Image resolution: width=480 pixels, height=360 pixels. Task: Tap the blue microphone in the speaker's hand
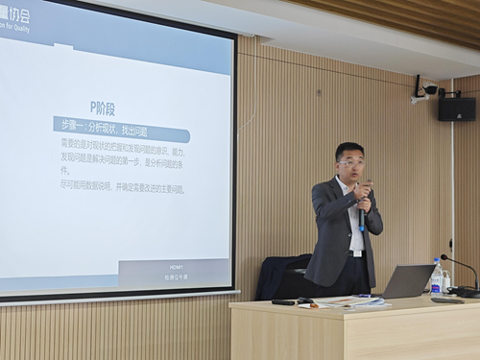coord(361,215)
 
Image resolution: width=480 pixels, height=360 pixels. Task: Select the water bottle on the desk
coord(437,276)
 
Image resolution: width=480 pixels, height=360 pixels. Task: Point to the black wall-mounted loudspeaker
coord(456,108)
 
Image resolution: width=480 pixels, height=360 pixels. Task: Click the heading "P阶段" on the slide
coord(103,108)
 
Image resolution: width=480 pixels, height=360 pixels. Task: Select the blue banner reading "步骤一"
coord(120,128)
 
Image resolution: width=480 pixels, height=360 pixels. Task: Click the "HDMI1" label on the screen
coord(176,266)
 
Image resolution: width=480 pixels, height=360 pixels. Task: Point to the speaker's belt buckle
coord(356,252)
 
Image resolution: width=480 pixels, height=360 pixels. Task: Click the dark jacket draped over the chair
coord(281,276)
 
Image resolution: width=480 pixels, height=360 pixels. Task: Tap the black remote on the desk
coord(284,301)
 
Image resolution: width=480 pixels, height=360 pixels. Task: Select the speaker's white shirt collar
coord(347,182)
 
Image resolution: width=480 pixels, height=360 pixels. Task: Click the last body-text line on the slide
coord(123,188)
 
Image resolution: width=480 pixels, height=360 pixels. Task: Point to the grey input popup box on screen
coord(175,272)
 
